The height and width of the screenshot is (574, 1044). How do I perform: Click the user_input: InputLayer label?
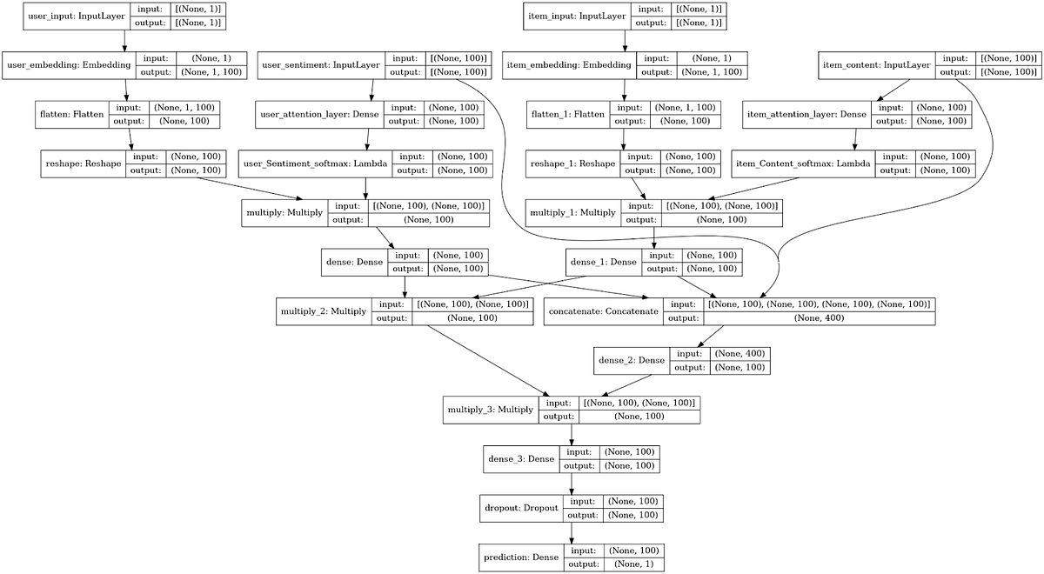coord(72,16)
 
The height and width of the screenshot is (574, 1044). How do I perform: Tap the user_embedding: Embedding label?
coord(69,65)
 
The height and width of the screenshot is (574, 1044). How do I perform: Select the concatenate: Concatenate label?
coord(603,311)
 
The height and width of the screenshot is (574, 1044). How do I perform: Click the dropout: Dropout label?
coord(519,508)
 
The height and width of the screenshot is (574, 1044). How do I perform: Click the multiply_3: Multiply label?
coord(490,410)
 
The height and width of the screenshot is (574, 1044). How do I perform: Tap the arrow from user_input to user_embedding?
coord(125,41)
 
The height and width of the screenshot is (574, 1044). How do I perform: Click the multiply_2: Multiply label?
coord(323,311)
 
